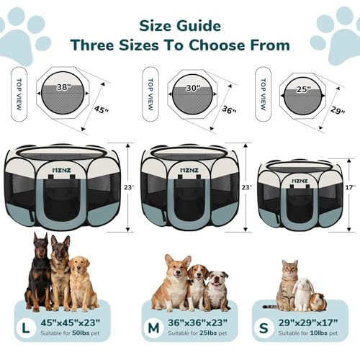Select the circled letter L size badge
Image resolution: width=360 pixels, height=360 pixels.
tap(27, 328)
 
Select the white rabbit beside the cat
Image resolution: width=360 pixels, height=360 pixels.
tap(303, 293)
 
